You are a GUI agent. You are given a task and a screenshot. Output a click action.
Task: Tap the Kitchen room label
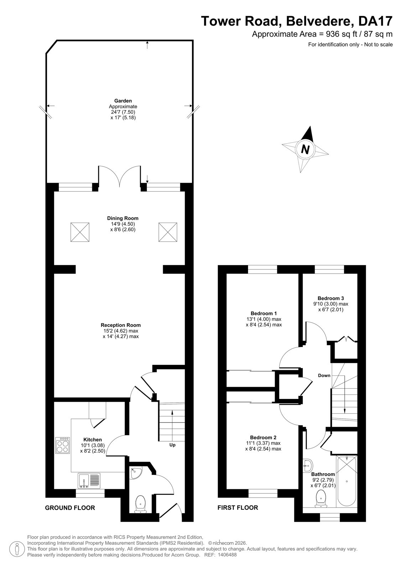[93, 439]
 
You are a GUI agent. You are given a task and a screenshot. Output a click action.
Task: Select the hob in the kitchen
[63, 445]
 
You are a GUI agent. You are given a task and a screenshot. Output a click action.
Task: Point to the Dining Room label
[123, 218]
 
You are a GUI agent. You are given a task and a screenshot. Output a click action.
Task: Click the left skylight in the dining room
[80, 232]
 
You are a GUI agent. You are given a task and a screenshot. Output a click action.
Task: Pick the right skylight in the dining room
[168, 232]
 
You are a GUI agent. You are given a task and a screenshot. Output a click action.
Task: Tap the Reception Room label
[121, 325]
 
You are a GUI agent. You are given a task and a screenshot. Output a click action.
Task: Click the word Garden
[123, 101]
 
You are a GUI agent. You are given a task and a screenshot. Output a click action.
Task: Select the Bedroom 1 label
[264, 313]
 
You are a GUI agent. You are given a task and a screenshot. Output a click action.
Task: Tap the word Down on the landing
[324, 375]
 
